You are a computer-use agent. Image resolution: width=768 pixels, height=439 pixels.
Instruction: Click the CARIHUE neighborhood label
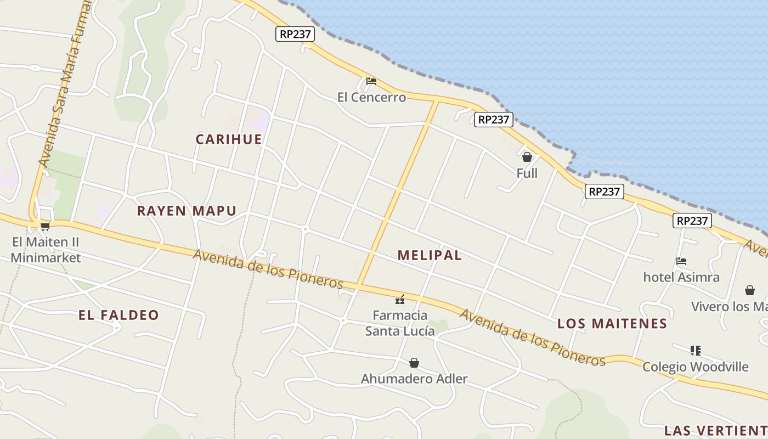click(229, 139)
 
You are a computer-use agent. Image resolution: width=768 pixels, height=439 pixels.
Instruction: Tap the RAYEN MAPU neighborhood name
click(187, 211)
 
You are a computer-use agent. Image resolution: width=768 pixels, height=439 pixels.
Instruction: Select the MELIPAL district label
click(430, 255)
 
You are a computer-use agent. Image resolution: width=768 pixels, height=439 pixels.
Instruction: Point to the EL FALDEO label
click(118, 315)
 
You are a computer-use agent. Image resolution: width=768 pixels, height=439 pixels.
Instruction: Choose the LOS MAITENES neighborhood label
click(612, 324)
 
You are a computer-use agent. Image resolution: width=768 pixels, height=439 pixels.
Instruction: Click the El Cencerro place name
click(371, 98)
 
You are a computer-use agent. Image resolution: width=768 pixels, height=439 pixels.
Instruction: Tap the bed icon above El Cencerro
click(371, 82)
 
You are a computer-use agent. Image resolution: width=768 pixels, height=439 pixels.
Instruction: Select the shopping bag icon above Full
click(527, 157)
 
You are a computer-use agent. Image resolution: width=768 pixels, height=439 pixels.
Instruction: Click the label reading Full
click(527, 173)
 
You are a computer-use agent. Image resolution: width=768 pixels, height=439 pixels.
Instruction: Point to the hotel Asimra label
click(681, 277)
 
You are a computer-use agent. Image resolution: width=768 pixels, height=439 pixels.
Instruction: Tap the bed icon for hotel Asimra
click(681, 261)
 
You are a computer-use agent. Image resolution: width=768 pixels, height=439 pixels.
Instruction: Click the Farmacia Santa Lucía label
click(400, 323)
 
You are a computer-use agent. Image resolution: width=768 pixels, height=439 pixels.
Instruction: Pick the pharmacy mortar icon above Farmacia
click(400, 300)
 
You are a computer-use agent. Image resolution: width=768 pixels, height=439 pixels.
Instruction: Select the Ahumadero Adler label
click(414, 379)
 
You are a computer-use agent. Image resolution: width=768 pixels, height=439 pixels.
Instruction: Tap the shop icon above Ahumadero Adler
click(414, 363)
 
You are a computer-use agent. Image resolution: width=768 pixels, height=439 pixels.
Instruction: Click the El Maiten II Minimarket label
click(46, 250)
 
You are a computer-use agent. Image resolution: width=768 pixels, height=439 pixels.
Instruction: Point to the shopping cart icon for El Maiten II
click(46, 226)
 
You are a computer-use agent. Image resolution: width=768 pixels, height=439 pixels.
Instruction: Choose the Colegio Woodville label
click(695, 367)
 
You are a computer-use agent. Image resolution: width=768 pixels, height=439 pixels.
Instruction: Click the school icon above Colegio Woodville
click(696, 350)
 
